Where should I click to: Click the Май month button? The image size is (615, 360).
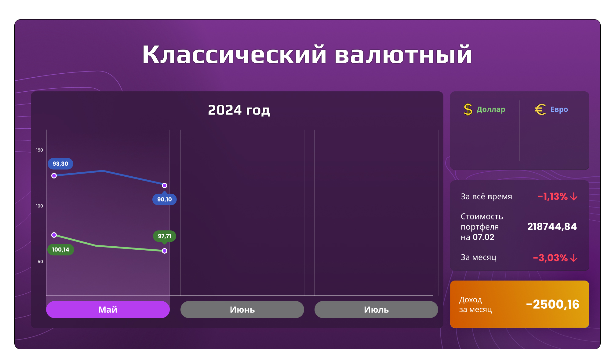tap(108, 310)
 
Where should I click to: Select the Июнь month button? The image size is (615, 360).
tap(242, 310)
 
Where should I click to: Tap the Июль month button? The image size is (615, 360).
tap(376, 310)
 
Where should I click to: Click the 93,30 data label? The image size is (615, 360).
tap(60, 164)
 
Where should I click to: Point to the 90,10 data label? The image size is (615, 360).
tap(165, 200)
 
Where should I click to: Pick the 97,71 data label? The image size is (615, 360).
tap(165, 236)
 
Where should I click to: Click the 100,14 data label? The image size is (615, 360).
tap(61, 250)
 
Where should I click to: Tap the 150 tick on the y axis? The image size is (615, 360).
tap(40, 150)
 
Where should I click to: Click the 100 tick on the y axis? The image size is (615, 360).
tap(40, 206)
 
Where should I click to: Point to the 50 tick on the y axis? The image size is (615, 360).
tap(40, 262)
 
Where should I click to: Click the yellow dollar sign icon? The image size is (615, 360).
tap(468, 109)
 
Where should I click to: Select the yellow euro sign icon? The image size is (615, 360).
tap(540, 109)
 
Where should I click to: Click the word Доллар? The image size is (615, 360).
tap(491, 109)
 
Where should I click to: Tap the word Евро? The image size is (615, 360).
tap(559, 109)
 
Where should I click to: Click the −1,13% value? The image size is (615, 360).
tap(553, 197)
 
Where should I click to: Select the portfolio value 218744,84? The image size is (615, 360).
tap(552, 227)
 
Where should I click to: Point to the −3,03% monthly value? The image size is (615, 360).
tap(550, 258)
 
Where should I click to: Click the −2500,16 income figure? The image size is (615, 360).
tap(552, 304)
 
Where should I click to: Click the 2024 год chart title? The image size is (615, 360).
tap(239, 110)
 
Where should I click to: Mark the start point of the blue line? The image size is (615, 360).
tap(54, 176)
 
